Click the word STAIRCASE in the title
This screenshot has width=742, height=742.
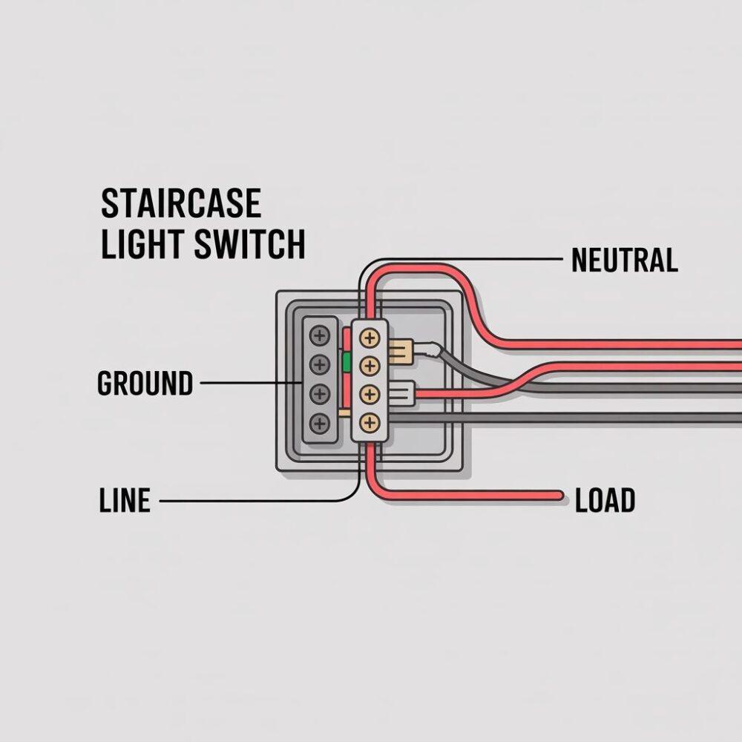(180, 204)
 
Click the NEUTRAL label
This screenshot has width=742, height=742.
(625, 260)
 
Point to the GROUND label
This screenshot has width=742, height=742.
(145, 384)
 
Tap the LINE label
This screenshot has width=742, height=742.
(125, 502)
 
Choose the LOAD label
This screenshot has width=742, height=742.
(605, 502)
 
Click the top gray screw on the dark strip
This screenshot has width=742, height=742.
(320, 336)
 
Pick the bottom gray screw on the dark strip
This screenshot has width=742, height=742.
(320, 424)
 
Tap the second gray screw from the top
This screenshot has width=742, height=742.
(320, 364)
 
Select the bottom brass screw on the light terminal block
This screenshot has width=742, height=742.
(368, 423)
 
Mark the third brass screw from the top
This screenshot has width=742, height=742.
(368, 394)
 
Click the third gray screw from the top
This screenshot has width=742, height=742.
(320, 393)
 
